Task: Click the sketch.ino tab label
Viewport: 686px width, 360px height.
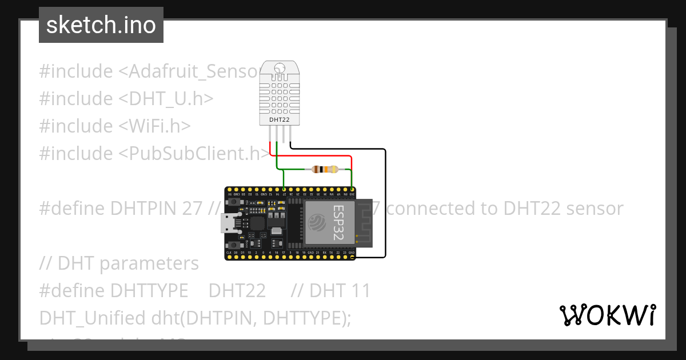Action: (x=101, y=25)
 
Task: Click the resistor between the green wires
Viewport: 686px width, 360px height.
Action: (x=324, y=169)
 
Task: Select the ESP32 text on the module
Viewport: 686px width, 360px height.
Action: (x=338, y=222)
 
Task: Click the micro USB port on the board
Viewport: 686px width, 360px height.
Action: (x=230, y=223)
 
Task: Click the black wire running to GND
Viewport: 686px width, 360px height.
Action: (x=385, y=206)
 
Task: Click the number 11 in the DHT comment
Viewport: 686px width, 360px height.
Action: (x=358, y=291)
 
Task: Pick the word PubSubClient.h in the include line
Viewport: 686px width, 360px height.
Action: (x=197, y=153)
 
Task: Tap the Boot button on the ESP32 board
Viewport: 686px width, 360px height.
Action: (x=235, y=244)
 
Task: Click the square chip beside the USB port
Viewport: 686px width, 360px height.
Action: (x=258, y=223)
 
